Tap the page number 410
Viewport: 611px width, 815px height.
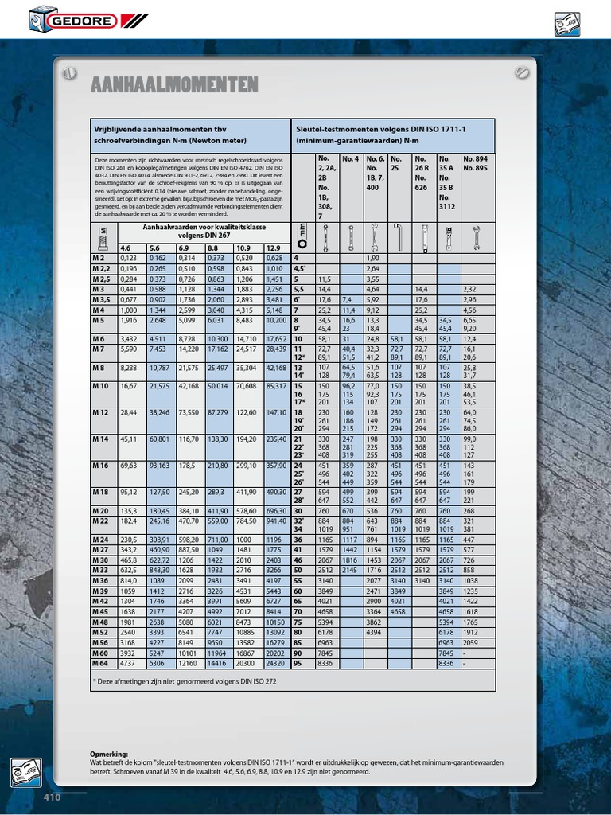(52, 797)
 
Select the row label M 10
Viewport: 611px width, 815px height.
(100, 386)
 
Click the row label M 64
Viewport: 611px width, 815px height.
(99, 662)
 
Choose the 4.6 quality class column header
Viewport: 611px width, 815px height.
(126, 248)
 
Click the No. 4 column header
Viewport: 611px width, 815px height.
(351, 159)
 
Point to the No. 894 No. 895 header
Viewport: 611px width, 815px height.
(475, 164)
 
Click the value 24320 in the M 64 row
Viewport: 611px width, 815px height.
(275, 662)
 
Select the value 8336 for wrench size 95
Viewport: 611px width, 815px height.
(324, 662)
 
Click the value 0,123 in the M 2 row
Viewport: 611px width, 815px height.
(128, 258)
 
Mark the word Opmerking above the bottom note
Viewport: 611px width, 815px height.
(109, 754)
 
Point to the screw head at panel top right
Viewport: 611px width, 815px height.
(522, 72)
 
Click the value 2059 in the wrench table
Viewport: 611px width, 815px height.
(470, 641)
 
